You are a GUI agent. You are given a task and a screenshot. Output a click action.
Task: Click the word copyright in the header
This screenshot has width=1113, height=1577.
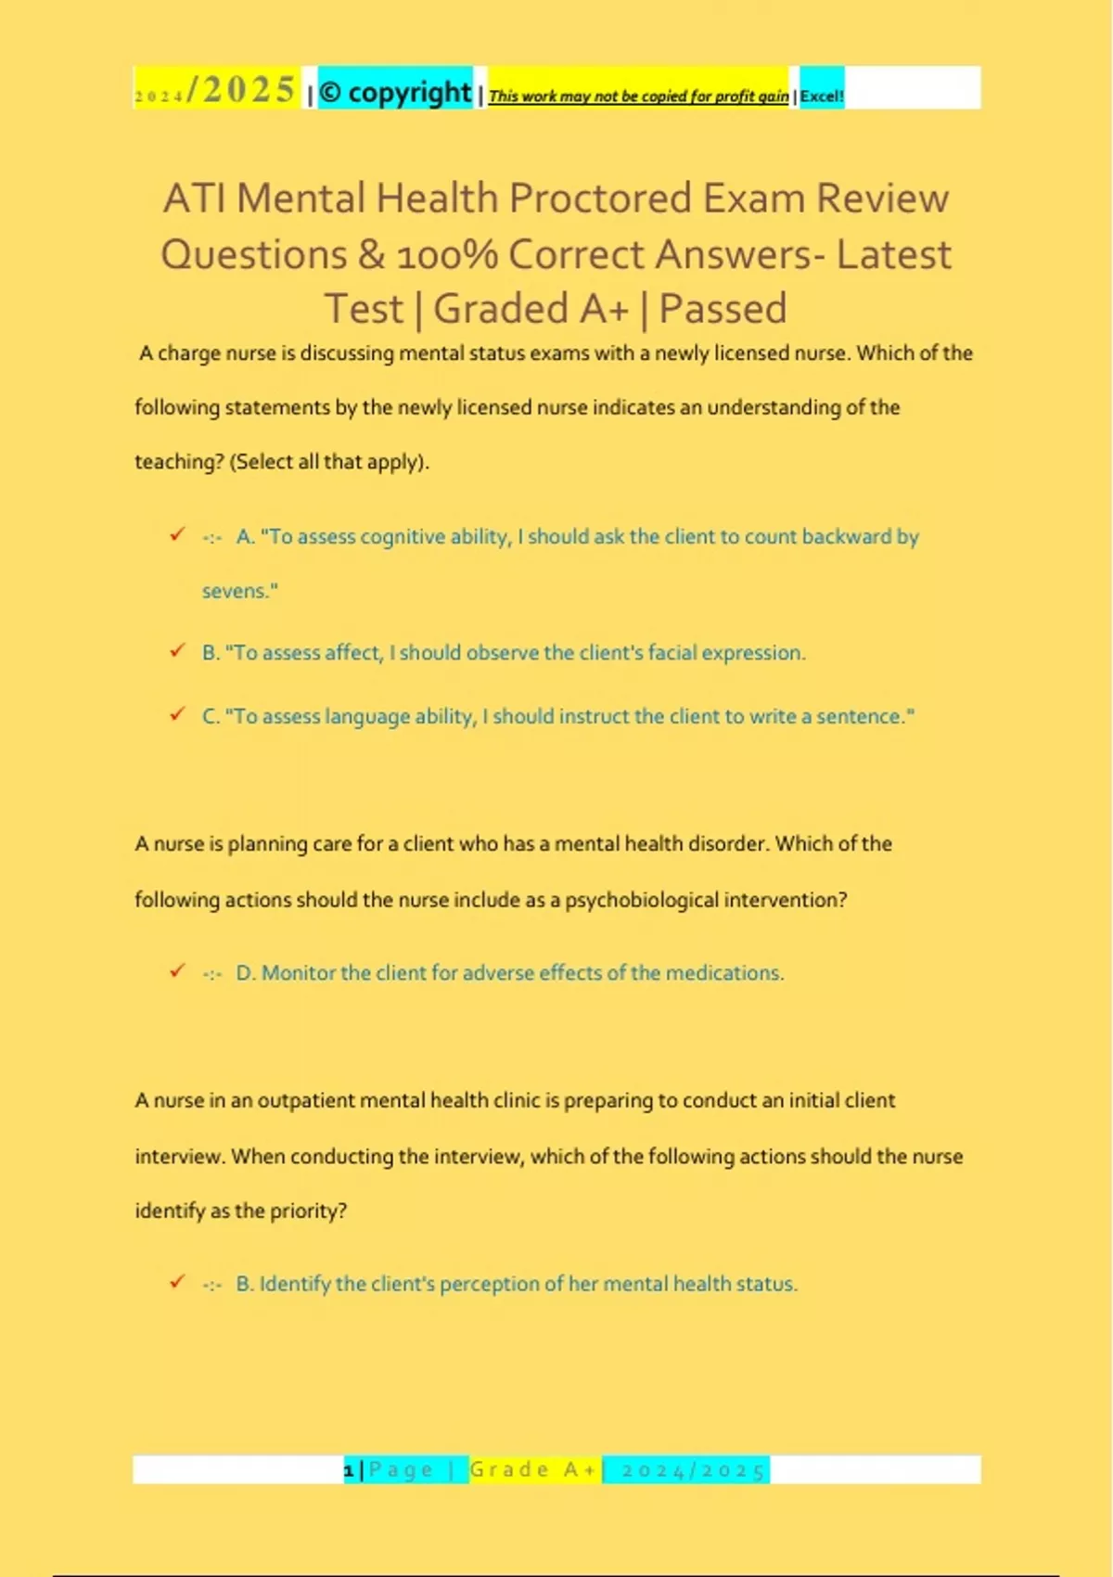tap(409, 92)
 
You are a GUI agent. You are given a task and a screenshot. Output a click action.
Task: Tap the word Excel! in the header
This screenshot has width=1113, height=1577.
tap(822, 96)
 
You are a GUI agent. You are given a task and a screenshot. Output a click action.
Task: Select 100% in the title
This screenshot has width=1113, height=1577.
tap(448, 254)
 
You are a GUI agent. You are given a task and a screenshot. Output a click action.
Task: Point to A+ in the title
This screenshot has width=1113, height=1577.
tap(604, 309)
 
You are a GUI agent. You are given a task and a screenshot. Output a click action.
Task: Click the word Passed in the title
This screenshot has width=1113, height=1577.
tap(723, 309)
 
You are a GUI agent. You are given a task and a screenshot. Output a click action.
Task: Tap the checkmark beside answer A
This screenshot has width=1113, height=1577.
tap(177, 534)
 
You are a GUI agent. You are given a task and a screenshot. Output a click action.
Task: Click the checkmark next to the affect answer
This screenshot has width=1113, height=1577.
tap(177, 650)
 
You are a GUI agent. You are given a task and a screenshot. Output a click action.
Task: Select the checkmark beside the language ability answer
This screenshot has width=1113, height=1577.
tap(177, 714)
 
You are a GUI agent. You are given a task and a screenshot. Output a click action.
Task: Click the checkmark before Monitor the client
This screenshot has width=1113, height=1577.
tap(177, 970)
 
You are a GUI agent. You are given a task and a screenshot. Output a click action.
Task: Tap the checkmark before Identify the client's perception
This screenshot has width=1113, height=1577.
tap(177, 1282)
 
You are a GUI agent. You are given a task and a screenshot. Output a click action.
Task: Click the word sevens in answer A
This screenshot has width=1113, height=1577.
tap(237, 591)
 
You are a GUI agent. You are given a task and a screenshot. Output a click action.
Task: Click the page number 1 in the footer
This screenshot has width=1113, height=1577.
tap(349, 1470)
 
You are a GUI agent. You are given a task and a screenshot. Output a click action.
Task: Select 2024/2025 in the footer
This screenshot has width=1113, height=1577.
tap(693, 1470)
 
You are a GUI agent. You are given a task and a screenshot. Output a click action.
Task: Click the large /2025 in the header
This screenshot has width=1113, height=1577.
tap(240, 90)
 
